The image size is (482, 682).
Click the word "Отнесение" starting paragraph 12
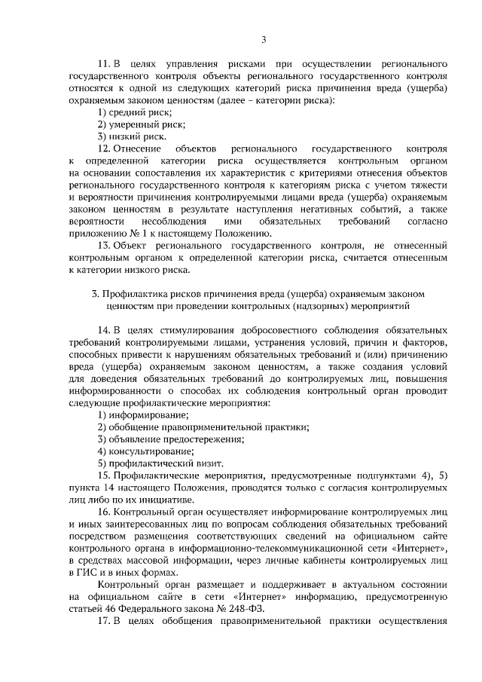click(x=139, y=148)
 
